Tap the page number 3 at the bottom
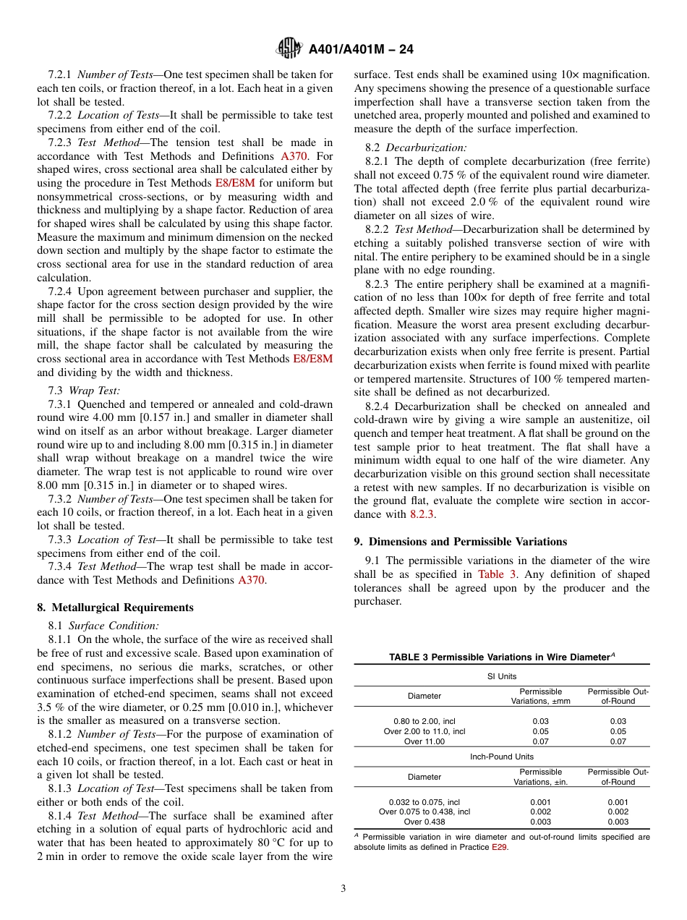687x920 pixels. pos(343,889)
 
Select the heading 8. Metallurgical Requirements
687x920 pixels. pos(115,607)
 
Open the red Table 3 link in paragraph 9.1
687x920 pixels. pos(497,574)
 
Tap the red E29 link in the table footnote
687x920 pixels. pos(499,847)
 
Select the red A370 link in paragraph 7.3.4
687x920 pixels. pos(252,580)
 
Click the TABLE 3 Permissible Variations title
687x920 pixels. pos(501,657)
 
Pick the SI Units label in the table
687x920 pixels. pos(502,676)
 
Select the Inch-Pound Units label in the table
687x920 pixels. pos(502,757)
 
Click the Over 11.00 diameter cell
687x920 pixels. pos(424,741)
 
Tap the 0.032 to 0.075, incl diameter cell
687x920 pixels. pos(424,801)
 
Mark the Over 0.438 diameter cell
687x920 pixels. pos(424,822)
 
